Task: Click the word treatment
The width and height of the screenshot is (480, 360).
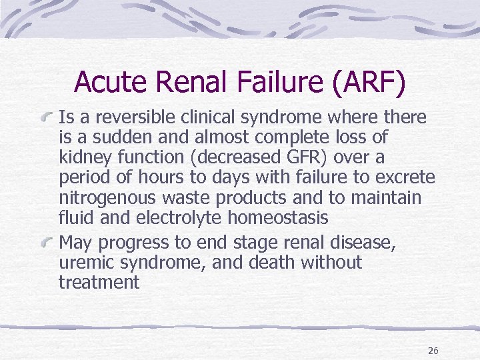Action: click(99, 283)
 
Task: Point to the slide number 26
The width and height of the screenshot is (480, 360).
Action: click(433, 351)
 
